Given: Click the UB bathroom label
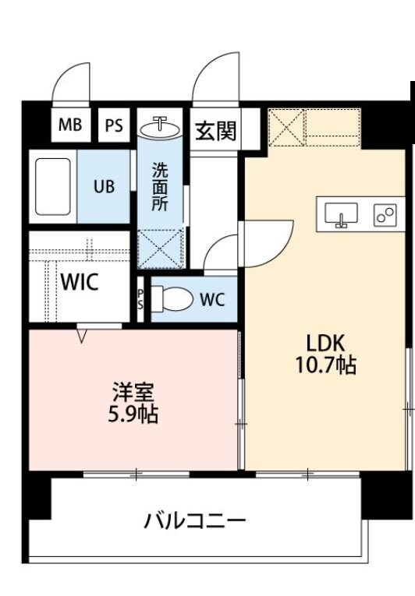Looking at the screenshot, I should tap(104, 186).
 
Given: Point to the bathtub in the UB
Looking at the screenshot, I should tap(54, 187).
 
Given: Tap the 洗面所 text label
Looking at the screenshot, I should tap(160, 187).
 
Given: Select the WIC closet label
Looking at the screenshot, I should tap(80, 283).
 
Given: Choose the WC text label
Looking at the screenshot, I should tap(213, 299).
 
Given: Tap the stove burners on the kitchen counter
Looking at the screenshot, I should tap(384, 214).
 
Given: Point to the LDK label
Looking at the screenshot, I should tap(325, 344).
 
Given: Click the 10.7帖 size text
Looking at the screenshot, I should tap(325, 365).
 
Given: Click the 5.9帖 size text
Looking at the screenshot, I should tap(133, 414).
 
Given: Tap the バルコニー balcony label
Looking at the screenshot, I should tap(194, 520).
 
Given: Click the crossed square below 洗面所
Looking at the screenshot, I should tap(161, 249).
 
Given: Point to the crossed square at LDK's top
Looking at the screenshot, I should tap(286, 127).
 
